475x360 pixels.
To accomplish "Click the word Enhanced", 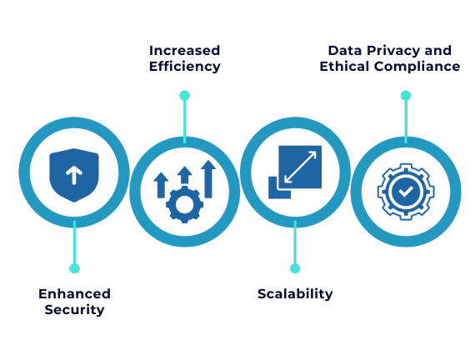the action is (74, 293).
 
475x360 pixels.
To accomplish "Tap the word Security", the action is (74, 310).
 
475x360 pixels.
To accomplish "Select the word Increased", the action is (184, 50).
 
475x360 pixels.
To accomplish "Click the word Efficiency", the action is (185, 67).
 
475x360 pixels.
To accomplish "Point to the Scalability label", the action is (295, 294).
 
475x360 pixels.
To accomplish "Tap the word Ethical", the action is (345, 66).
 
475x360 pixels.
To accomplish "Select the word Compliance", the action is (417, 67).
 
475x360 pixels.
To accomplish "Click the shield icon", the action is (74, 175).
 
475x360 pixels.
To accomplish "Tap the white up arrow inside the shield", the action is (74, 176).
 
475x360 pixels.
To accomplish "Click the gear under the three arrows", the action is (184, 204).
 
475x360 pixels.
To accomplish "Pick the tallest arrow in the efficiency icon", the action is (208, 179).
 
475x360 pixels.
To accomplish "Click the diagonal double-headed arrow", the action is (300, 167).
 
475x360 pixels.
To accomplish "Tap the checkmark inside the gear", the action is (406, 191).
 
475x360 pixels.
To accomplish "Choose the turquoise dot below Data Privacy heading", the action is (406, 96).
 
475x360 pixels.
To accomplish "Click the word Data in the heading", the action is (345, 50).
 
